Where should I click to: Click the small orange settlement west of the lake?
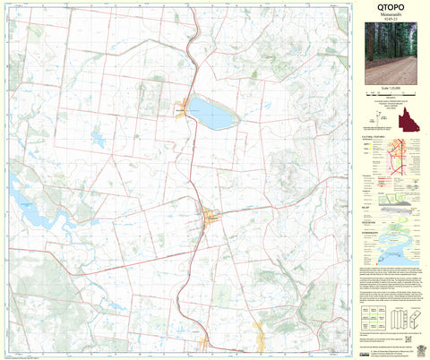[183, 107]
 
